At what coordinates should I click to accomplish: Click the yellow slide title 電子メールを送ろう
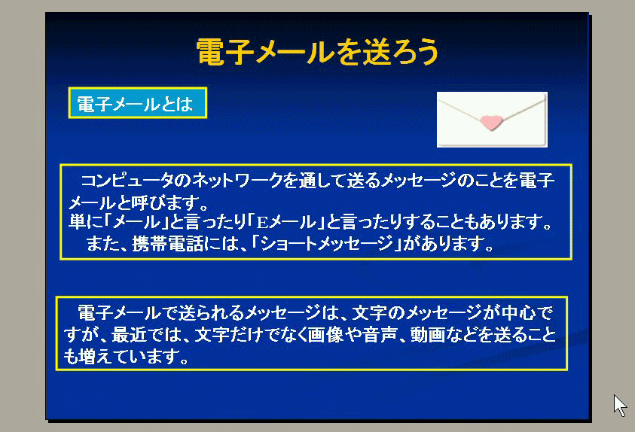coord(318,52)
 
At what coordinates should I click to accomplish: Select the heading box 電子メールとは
coord(138,103)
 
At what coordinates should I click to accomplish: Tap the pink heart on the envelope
coord(491,123)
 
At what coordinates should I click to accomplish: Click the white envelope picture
coord(492,120)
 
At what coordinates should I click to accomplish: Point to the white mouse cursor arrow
coord(620,406)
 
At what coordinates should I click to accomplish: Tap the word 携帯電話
coord(168,244)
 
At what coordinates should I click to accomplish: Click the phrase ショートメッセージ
coord(327,244)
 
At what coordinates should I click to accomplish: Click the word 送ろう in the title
coord(400,52)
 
